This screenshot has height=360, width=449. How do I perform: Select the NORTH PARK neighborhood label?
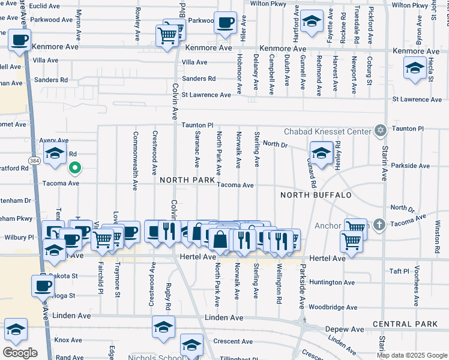(x=187, y=179)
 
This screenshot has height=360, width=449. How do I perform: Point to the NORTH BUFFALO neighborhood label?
(x=316, y=195)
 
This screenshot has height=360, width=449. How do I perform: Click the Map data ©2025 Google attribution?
(x=412, y=355)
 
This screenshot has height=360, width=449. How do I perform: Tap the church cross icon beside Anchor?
(x=379, y=225)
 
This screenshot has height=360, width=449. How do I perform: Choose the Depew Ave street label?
(x=345, y=329)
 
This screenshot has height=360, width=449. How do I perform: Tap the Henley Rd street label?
(x=338, y=152)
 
